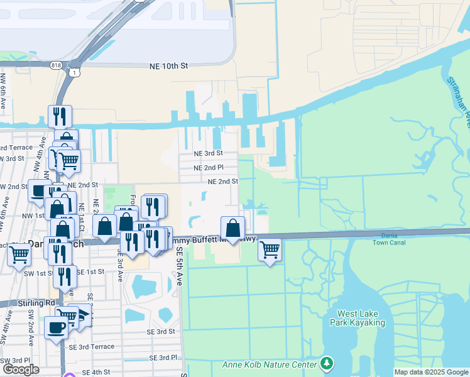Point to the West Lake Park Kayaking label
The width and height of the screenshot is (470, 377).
tap(361, 318)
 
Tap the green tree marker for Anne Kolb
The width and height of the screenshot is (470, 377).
tap(326, 363)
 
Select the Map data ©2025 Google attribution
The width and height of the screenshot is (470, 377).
tap(430, 372)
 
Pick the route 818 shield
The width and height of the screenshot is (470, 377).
tap(57, 63)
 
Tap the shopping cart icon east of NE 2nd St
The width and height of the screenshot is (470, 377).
tap(270, 249)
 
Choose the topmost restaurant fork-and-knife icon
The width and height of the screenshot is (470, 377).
tap(60, 116)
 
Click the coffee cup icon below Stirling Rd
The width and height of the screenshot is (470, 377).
tap(56, 327)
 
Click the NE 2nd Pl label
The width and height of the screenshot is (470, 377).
tap(209, 168)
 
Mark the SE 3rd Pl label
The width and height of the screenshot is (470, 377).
tap(162, 358)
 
